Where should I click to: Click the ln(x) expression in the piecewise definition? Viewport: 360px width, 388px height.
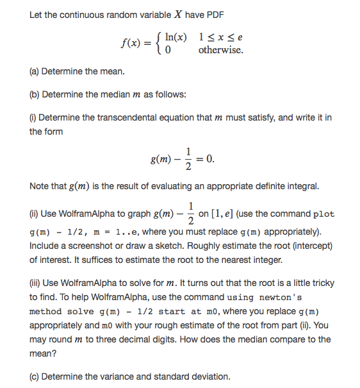click(176, 37)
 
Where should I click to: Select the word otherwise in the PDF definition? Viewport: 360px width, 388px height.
click(221, 49)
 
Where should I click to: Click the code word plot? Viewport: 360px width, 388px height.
click(323, 215)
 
